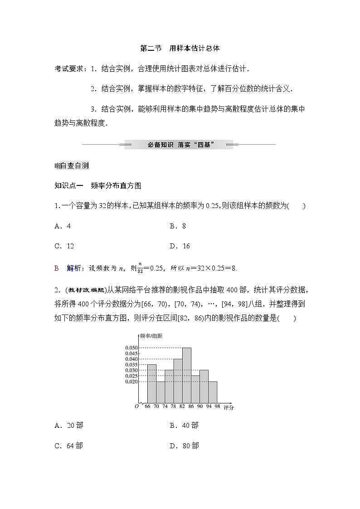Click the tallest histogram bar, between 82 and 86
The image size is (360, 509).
point(186,375)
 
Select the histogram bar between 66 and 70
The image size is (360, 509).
point(152,383)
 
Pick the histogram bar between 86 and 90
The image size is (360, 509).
point(195,389)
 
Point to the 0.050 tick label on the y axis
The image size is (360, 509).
point(131,348)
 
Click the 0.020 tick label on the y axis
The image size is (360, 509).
point(131,382)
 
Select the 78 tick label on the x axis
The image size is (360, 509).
point(173,407)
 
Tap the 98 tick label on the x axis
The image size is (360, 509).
point(217,407)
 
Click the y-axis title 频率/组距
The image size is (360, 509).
point(151,336)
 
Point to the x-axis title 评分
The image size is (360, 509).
point(229,408)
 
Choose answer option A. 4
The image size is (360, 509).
point(63,226)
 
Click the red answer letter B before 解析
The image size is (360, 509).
point(57,268)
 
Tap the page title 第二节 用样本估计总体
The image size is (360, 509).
point(180,48)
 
